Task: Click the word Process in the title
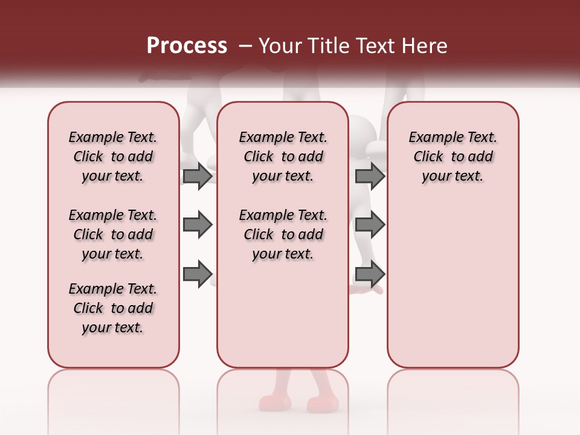click(x=187, y=46)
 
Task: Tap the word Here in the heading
click(x=425, y=46)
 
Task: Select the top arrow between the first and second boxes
click(x=198, y=176)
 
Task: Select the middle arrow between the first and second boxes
click(x=198, y=225)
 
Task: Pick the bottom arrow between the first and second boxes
click(x=198, y=274)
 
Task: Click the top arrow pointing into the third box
click(x=370, y=176)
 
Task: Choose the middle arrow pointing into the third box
click(x=370, y=225)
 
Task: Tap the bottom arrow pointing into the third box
click(x=370, y=274)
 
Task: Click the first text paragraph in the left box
click(x=113, y=156)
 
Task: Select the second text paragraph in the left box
click(x=113, y=234)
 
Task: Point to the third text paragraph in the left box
click(x=113, y=308)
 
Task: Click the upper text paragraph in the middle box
click(x=283, y=156)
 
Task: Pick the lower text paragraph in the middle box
click(x=283, y=234)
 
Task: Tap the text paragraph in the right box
click(x=453, y=156)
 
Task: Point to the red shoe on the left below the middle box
click(x=275, y=402)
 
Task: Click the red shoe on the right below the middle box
click(x=322, y=403)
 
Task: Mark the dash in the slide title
click(x=245, y=46)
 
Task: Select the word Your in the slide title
click(x=279, y=46)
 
